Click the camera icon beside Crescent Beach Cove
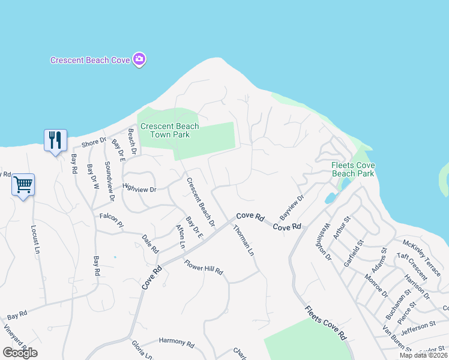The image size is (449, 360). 140,59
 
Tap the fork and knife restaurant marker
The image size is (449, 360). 55,140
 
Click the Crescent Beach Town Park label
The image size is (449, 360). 165,130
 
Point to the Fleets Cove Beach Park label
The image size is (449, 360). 353,169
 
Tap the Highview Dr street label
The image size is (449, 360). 139,189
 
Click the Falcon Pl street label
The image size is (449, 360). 111,220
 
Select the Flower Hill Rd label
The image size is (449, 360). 203,268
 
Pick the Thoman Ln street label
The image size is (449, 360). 244,240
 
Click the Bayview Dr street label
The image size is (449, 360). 292,207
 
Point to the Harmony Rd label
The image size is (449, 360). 176,343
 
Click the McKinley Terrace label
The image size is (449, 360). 421,254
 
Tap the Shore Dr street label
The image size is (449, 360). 94,143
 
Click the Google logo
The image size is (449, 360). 20,353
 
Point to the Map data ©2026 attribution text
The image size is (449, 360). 424,355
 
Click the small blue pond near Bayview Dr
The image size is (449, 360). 331,198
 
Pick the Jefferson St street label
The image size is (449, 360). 418,325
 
